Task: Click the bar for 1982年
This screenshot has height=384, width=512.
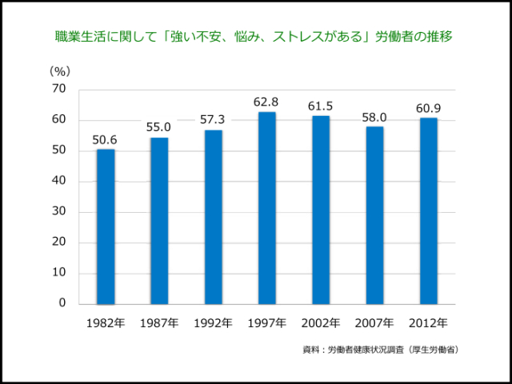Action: [x=106, y=226]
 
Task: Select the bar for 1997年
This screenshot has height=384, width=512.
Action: [x=266, y=208]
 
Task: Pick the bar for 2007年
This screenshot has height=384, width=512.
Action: [x=374, y=215]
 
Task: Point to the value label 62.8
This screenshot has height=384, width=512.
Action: [x=266, y=102]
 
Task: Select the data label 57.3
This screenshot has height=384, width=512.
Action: [x=213, y=119]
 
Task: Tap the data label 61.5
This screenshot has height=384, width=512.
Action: [x=321, y=106]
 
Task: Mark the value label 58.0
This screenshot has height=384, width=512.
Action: [x=374, y=117]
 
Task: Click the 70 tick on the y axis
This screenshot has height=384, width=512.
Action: [x=59, y=90]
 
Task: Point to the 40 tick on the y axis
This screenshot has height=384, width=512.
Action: [x=59, y=182]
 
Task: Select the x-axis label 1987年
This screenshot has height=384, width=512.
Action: [x=159, y=323]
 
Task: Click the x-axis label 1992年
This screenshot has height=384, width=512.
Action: [x=213, y=323]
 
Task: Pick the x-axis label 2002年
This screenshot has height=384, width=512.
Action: [x=321, y=323]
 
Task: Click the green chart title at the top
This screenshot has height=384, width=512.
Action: [x=256, y=37]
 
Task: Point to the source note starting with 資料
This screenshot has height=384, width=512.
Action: [x=381, y=350]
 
